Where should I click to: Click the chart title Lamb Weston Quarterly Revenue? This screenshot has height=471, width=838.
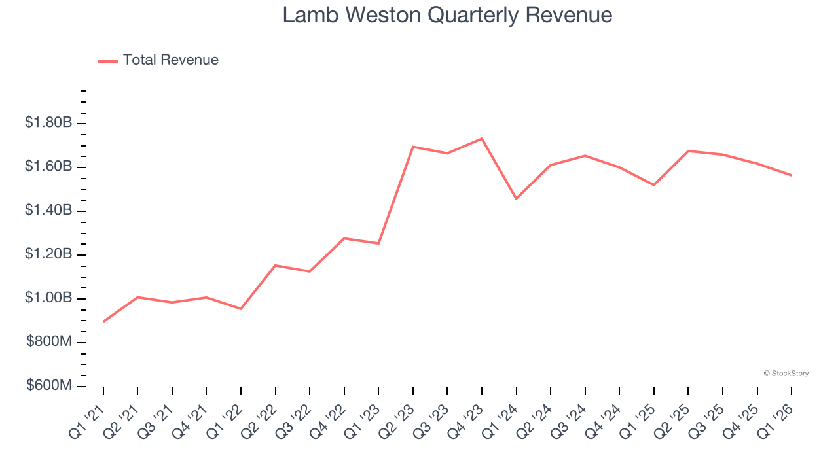pos(447,15)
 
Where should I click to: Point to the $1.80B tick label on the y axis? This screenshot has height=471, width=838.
pos(48,123)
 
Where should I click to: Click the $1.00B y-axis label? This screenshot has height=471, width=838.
pos(48,298)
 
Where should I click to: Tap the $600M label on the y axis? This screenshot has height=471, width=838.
pos(49,386)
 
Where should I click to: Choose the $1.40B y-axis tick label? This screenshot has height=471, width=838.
pos(48,211)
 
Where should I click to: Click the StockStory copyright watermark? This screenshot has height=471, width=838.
pos(786,374)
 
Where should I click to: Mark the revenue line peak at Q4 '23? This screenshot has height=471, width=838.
pos(482,139)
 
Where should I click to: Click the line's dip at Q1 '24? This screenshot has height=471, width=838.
pos(517,198)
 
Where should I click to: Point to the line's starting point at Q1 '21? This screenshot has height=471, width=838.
pos(103,321)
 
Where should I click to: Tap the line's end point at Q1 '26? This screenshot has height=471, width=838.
pos(792,175)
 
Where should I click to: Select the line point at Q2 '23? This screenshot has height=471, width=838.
pos(413,147)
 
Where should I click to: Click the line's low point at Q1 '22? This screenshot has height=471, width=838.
pos(241,309)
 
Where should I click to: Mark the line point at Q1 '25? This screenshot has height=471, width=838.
pos(654,185)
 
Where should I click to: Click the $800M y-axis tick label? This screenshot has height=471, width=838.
pos(49,342)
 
